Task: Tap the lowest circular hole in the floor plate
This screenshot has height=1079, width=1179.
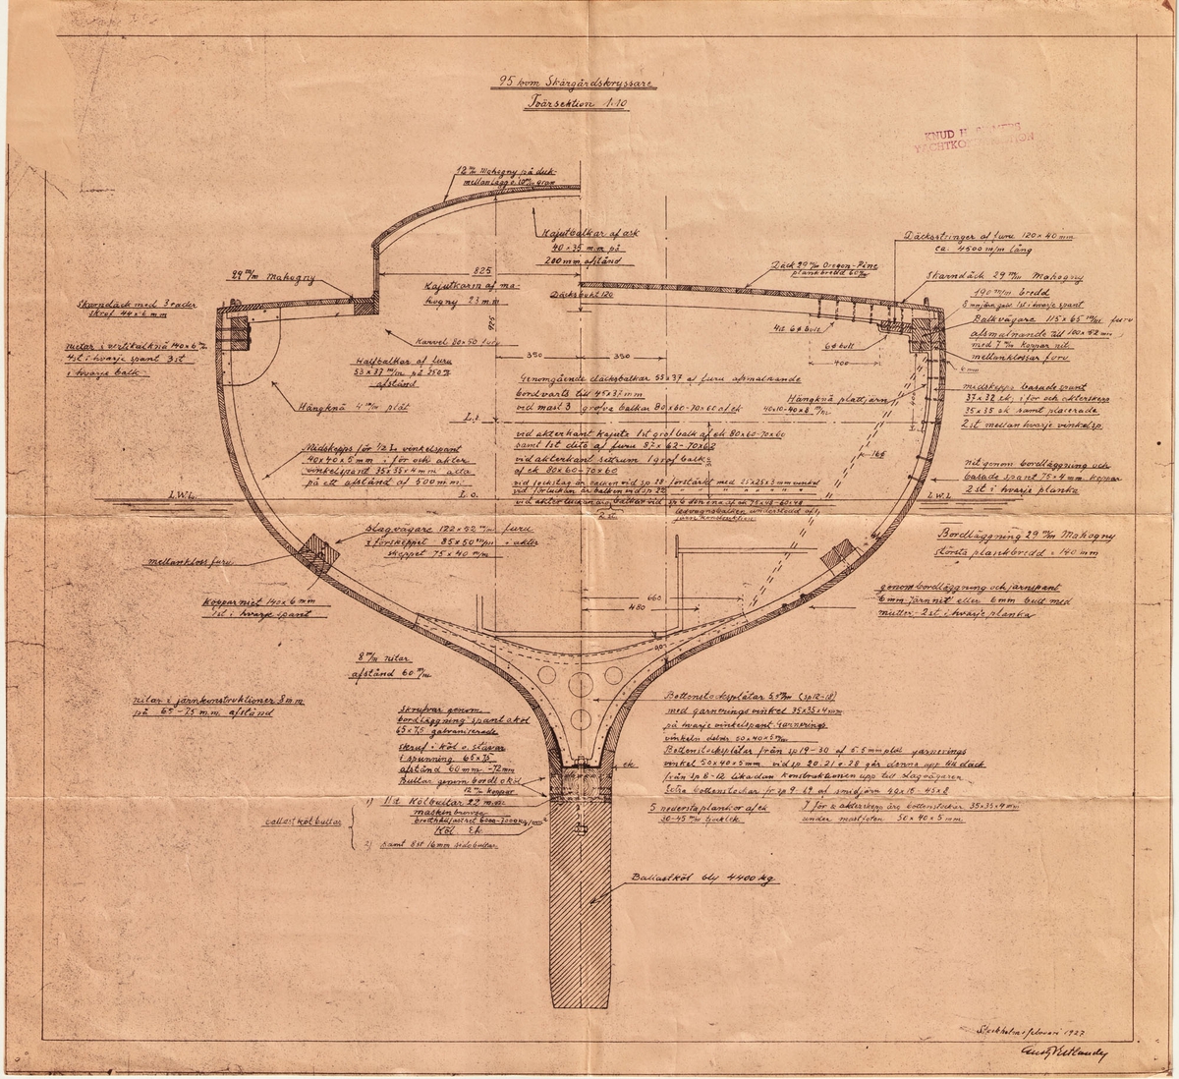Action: pos(581,718)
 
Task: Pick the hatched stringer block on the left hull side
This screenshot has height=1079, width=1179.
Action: pos(318,554)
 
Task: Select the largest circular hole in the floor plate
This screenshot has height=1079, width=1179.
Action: pos(581,684)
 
